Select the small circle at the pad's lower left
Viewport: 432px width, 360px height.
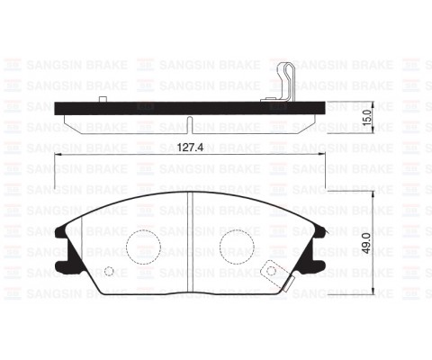(x=109, y=273)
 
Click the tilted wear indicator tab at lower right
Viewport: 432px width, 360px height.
(x=272, y=271)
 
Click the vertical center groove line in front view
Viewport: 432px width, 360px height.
(x=189, y=243)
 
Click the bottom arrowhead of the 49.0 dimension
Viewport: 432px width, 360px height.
(x=373, y=292)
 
